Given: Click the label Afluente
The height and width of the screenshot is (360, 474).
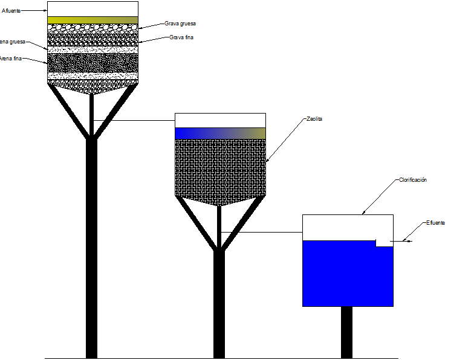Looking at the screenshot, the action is pyautogui.click(x=12, y=10).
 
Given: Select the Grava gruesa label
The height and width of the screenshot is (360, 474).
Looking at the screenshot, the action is pyautogui.click(x=180, y=24).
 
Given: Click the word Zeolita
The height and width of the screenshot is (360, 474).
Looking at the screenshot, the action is pyautogui.click(x=314, y=119).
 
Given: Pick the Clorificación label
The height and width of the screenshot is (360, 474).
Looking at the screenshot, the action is pyautogui.click(x=413, y=180).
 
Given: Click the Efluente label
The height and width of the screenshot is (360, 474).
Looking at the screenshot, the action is pyautogui.click(x=435, y=223).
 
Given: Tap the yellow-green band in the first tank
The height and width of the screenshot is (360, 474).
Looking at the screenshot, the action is pyautogui.click(x=93, y=20).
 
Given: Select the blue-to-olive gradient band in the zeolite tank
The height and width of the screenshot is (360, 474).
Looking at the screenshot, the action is pyautogui.click(x=220, y=133).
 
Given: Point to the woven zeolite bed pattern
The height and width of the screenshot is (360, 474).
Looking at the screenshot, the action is pyautogui.click(x=220, y=169).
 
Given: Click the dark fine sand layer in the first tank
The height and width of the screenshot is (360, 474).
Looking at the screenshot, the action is pyautogui.click(x=93, y=63).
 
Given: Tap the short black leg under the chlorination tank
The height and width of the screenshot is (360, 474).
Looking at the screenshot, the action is pyautogui.click(x=346, y=332).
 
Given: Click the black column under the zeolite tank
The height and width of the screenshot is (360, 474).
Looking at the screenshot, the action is pyautogui.click(x=219, y=302).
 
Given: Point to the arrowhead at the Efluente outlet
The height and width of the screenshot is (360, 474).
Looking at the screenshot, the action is pyautogui.click(x=409, y=242).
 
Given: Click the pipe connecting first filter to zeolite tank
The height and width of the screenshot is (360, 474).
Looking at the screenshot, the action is pyautogui.click(x=133, y=120).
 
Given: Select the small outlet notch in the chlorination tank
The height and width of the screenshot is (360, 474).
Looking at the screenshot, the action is pyautogui.click(x=383, y=243).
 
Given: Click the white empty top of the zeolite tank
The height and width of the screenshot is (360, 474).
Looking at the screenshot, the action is pyautogui.click(x=220, y=120).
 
